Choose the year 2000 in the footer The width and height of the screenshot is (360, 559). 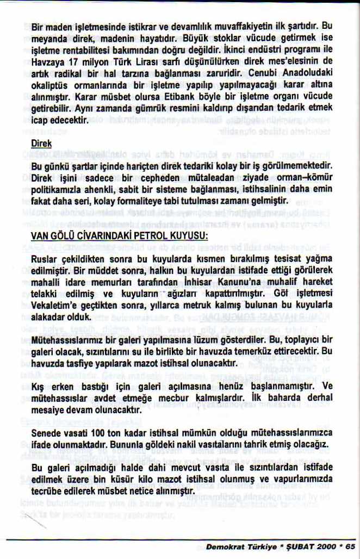click(323, 545)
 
